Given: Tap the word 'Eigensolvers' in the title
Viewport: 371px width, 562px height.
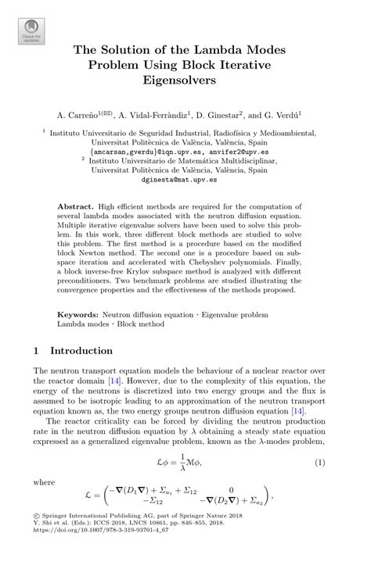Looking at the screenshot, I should coord(185,80).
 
